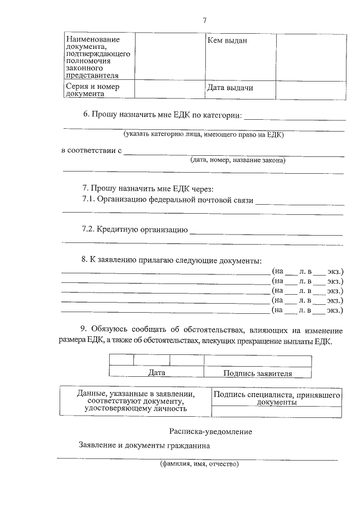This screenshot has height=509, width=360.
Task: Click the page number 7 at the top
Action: [205, 21]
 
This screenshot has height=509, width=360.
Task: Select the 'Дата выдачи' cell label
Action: [230, 88]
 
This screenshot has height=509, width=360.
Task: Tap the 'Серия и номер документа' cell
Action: [92, 90]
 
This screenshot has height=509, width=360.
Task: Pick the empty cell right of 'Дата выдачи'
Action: [309, 89]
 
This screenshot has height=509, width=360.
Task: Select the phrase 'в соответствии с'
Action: [91, 151]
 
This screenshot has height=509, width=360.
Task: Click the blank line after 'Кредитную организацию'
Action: [266, 233]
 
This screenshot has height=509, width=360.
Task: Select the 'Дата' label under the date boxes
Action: [156, 372]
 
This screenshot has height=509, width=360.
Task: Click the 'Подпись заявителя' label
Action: [258, 372]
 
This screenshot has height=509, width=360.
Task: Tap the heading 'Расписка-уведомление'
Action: [210, 431]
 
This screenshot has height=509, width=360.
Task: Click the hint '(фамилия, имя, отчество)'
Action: [199, 464]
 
